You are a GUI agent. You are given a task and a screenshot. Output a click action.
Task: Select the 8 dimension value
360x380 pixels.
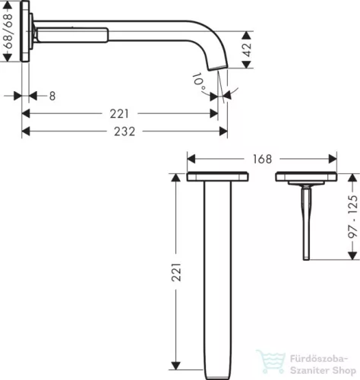pyautogui.click(x=51, y=96)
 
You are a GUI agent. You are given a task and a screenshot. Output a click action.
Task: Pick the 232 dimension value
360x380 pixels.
pyautogui.click(x=124, y=131)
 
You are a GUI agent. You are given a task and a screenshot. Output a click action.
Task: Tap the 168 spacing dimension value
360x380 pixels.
pyautogui.click(x=262, y=159)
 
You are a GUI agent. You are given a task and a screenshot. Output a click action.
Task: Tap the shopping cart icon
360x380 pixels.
pyautogui.click(x=267, y=360)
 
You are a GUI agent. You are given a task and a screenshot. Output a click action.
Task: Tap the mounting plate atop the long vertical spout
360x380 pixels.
pyautogui.click(x=219, y=178)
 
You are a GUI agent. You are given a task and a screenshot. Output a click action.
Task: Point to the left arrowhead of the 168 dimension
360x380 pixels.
pyautogui.click(x=191, y=159)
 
